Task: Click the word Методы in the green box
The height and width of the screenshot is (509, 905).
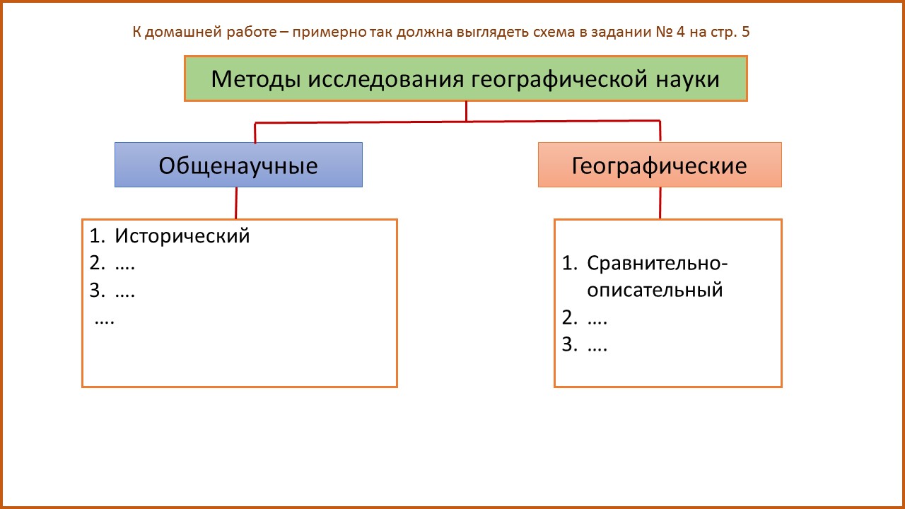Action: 256,79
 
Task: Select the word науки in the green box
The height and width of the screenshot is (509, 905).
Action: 687,80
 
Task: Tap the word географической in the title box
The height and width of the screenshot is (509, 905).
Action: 559,80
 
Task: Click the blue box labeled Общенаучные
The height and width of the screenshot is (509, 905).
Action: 238,165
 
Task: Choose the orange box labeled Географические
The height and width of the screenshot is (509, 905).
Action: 660,165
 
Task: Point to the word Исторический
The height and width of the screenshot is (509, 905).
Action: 182,236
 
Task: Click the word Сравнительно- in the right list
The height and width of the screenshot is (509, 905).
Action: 658,264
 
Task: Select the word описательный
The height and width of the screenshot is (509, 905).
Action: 655,291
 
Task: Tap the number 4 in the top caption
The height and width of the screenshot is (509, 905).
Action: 681,32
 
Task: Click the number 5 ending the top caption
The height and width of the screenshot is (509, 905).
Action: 745,32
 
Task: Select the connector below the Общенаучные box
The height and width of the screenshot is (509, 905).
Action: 236,203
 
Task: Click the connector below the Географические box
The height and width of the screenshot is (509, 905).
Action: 660,203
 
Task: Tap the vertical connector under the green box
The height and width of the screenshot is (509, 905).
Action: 466,111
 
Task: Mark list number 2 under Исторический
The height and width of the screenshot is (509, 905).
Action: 98,264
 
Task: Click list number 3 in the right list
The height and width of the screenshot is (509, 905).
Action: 570,344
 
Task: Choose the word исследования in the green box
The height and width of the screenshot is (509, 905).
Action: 386,80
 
